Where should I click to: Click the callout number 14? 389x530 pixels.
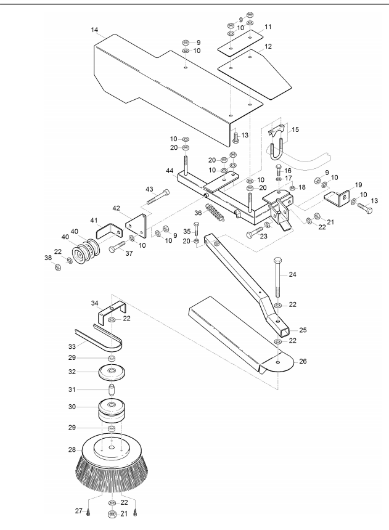pyautogui.click(x=94, y=30)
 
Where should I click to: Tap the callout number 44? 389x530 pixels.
pyautogui.click(x=170, y=171)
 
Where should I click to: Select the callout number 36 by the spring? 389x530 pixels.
pyautogui.click(x=198, y=213)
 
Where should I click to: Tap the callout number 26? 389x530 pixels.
pyautogui.click(x=303, y=361)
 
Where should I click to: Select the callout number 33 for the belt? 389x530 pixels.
pyautogui.click(x=72, y=346)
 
